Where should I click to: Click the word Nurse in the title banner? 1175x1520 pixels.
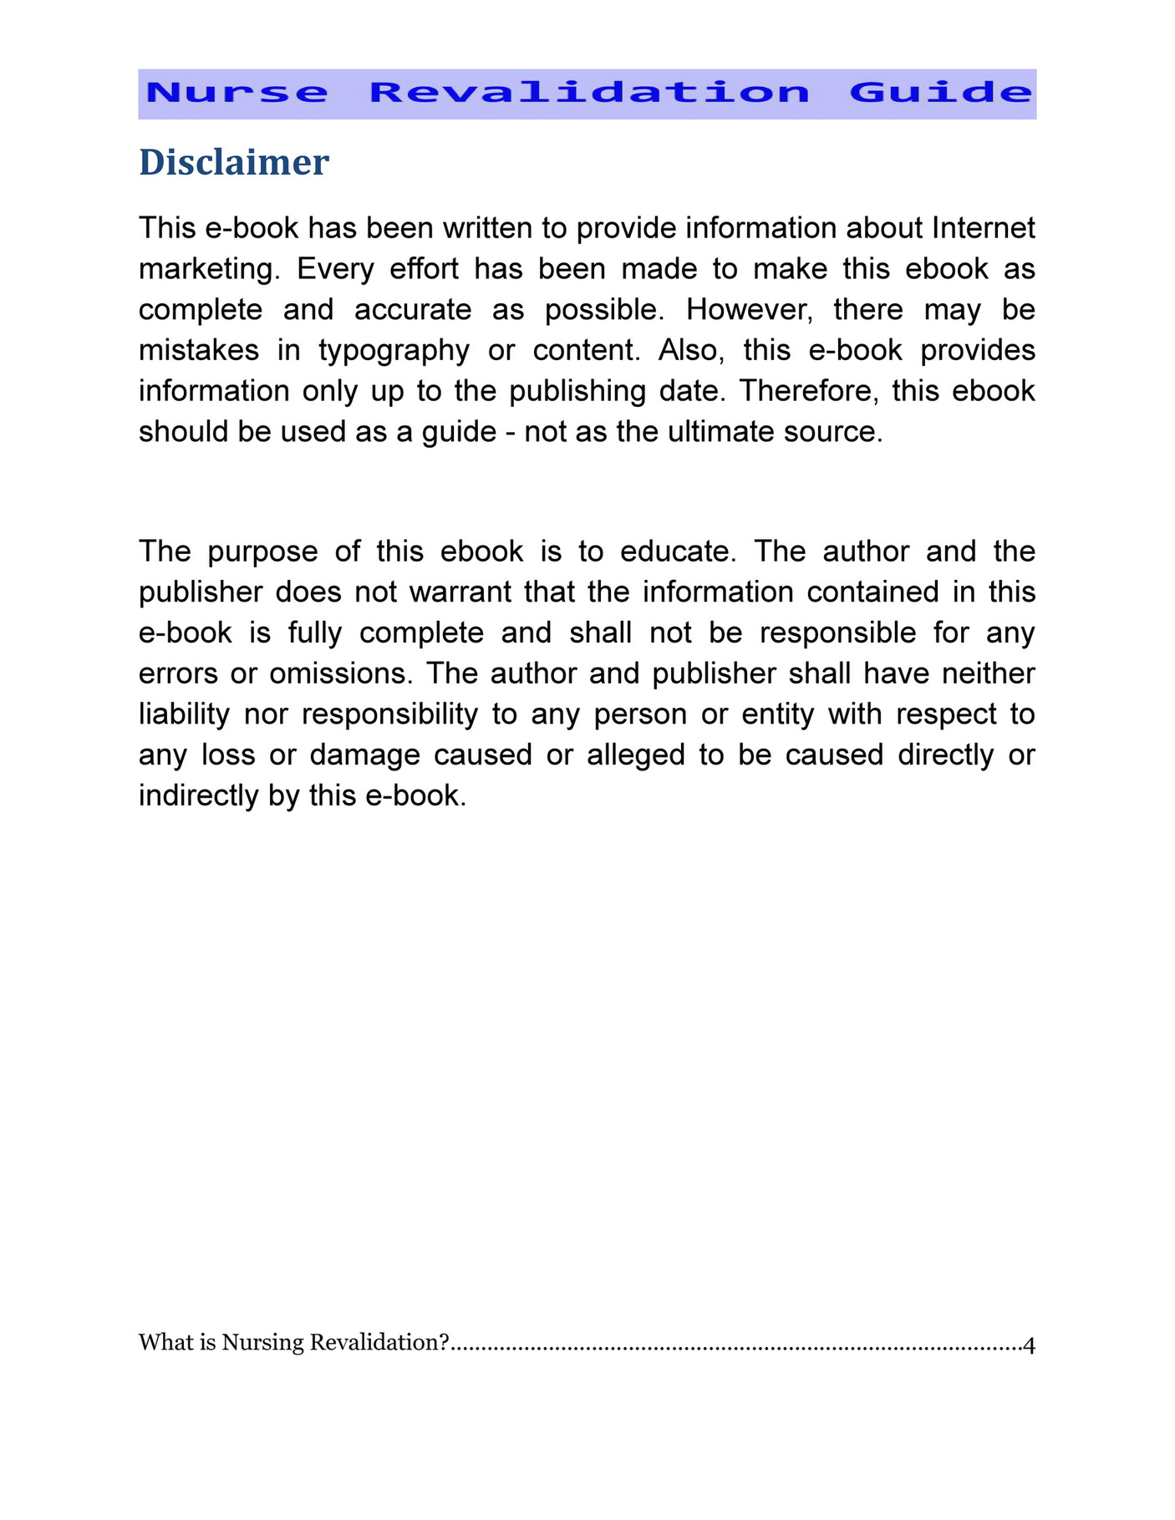[x=237, y=93]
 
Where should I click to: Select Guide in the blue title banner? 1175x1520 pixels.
[x=941, y=93]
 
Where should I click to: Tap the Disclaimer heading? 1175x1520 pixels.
[x=234, y=162]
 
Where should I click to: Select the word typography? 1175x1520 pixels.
[x=394, y=350]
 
